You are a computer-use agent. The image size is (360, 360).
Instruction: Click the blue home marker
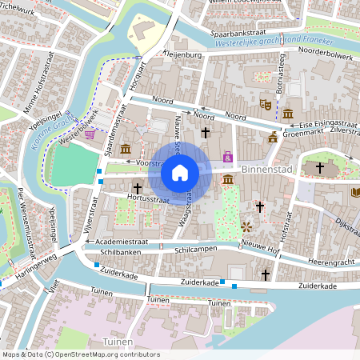coord(180,172)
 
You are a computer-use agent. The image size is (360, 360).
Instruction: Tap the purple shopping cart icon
coord(90,134)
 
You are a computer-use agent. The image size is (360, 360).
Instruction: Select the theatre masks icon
coord(265,104)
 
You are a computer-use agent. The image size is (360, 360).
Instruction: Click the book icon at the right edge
coord(355,192)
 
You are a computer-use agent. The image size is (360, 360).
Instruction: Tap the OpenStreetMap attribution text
coord(81,354)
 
